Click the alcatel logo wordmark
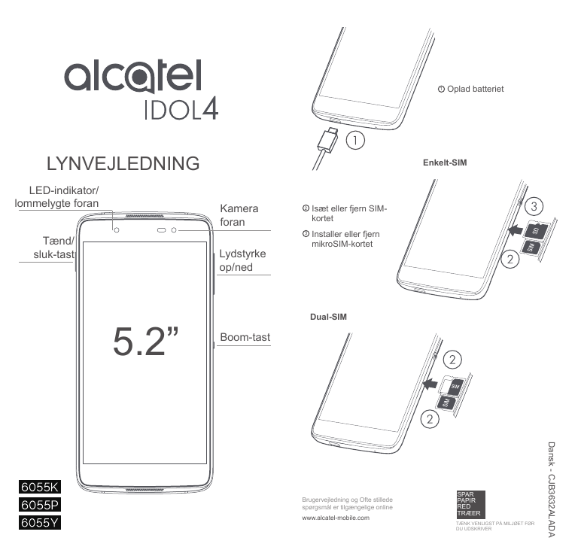[x=133, y=76]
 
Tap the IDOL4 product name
[x=181, y=108]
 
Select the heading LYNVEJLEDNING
[x=123, y=163]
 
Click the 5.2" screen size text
[x=145, y=341]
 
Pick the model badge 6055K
[x=40, y=487]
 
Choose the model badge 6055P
[x=40, y=504]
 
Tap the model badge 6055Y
[x=40, y=522]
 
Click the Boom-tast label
[x=245, y=337]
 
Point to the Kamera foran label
[x=239, y=215]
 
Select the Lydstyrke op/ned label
[x=242, y=260]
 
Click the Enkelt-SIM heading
[x=445, y=163]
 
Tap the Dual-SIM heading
[x=328, y=317]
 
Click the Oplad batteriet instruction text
[x=470, y=89]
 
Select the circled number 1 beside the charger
[x=355, y=141]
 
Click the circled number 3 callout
[x=534, y=206]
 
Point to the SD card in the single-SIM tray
[x=536, y=230]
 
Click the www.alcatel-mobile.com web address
[x=336, y=518]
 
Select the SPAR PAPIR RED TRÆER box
[x=470, y=504]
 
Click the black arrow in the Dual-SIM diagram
[x=430, y=384]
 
